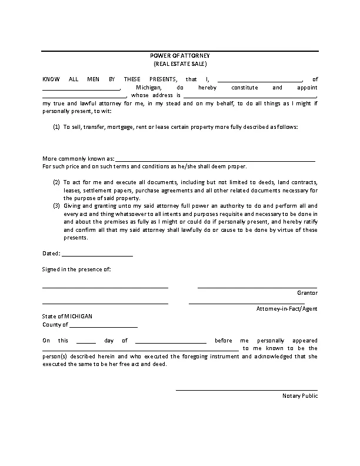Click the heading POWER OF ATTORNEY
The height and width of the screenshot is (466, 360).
click(180, 55)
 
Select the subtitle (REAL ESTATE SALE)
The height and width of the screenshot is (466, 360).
click(180, 63)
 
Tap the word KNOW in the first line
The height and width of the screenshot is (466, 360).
click(51, 79)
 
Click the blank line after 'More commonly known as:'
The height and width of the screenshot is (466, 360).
click(215, 159)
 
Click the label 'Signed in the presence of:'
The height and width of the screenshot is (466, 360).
click(76, 269)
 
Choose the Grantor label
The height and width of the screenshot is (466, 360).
click(307, 292)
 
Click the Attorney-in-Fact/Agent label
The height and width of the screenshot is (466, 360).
click(286, 309)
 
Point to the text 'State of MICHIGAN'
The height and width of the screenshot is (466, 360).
click(67, 316)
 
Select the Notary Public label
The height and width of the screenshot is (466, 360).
click(300, 396)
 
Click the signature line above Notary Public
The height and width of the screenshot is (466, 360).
click(246, 390)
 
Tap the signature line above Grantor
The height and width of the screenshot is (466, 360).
click(257, 287)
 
